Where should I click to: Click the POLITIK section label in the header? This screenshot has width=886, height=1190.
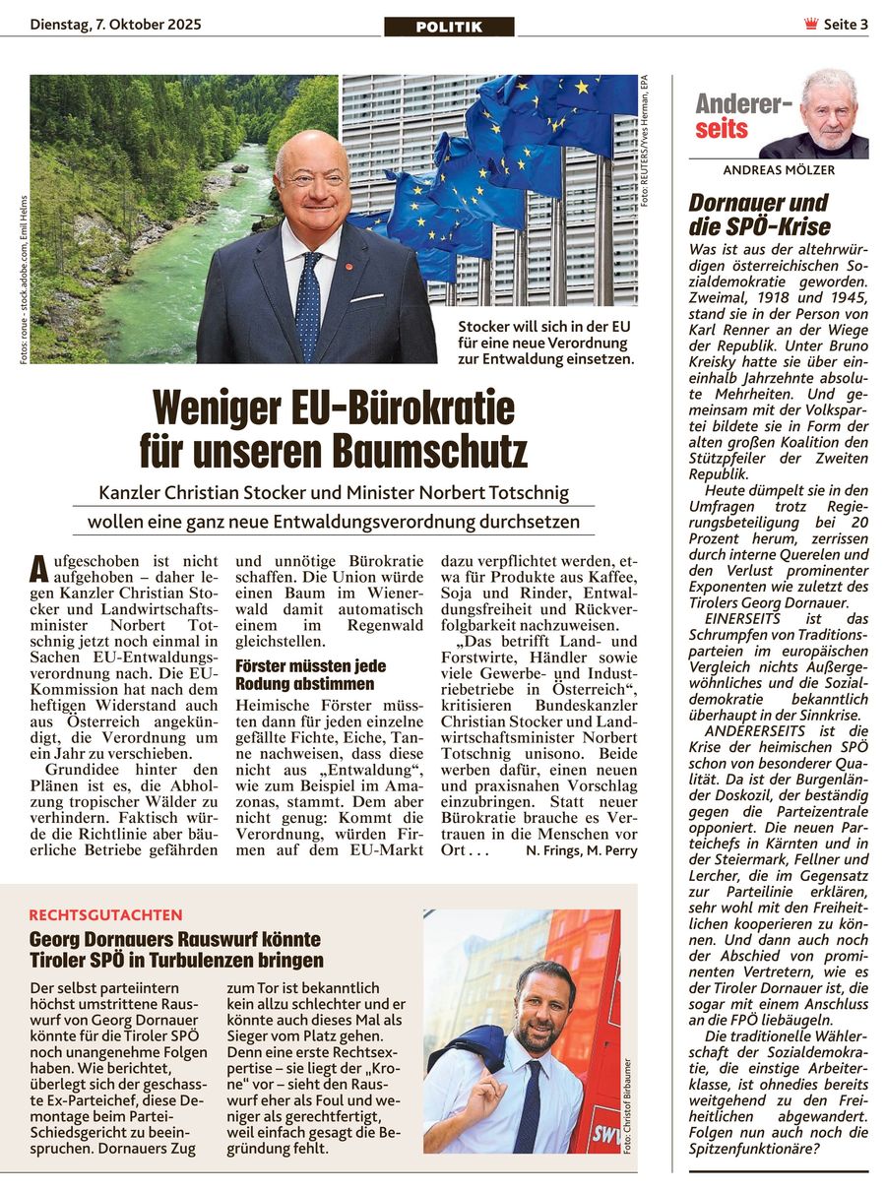coord(449,27)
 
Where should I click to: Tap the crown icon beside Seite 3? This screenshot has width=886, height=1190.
coord(810,25)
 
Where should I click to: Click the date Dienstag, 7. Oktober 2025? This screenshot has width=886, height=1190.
coord(115,25)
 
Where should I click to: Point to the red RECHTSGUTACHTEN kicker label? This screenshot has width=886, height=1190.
coord(105,914)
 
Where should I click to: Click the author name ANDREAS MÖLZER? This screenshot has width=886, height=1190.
coord(779,170)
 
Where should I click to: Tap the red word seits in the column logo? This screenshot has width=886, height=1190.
coord(722,129)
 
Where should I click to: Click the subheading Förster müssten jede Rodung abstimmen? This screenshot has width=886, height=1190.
coord(310,674)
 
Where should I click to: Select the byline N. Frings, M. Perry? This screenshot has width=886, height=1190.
coord(581,850)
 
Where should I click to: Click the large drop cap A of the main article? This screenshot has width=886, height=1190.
coord(38,568)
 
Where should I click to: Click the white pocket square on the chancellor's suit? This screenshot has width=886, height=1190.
coord(366,296)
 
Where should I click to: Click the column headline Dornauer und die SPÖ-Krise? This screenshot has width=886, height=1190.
coord(759,215)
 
